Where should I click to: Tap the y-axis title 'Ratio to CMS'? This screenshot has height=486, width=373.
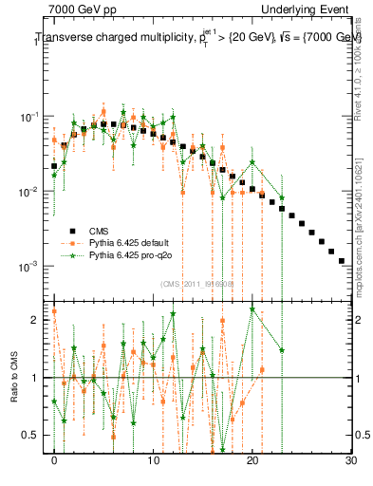tap(14, 378)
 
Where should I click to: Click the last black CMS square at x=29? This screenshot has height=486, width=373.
tap(341, 259)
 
